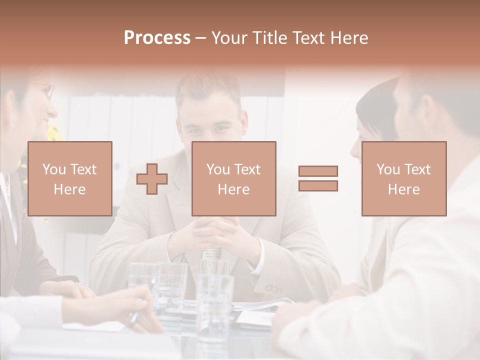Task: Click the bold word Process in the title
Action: pyautogui.click(x=157, y=37)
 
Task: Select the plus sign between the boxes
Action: pyautogui.click(x=152, y=178)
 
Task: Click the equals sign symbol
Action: pyautogui.click(x=318, y=178)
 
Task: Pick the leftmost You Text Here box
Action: pyautogui.click(x=69, y=178)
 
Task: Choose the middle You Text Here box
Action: pyautogui.click(x=233, y=178)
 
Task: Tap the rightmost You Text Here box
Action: pyautogui.click(x=403, y=178)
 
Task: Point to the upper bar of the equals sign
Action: pyautogui.click(x=318, y=171)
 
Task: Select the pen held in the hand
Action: pyautogui.click(x=134, y=318)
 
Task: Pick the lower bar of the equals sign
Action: pyautogui.click(x=318, y=185)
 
